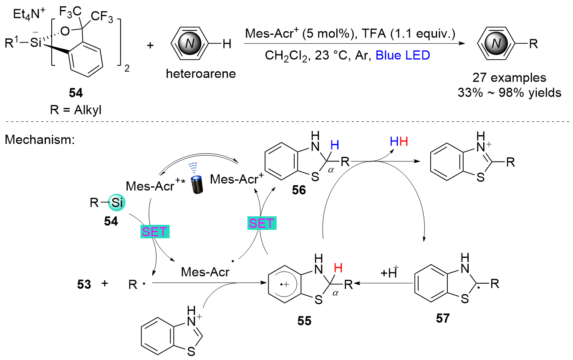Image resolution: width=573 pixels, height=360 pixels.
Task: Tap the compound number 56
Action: click(x=299, y=191)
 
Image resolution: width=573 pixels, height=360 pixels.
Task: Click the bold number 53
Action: click(x=83, y=284)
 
